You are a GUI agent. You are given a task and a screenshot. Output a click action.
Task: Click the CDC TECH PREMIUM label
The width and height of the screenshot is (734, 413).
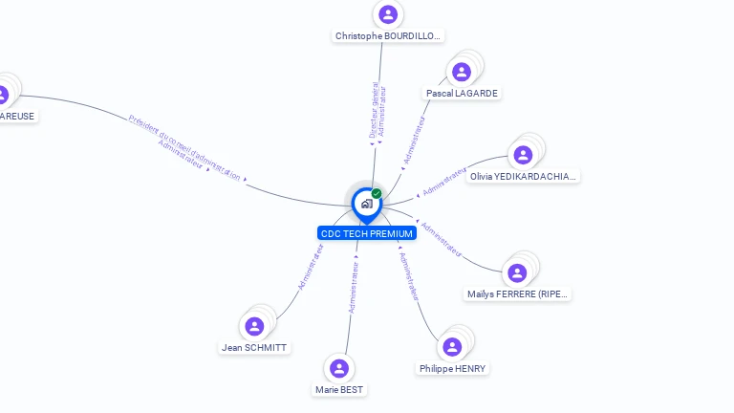tap(366, 233)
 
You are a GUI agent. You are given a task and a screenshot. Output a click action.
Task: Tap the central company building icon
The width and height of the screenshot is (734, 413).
tap(366, 204)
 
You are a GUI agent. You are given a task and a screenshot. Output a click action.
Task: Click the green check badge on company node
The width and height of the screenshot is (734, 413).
tap(377, 193)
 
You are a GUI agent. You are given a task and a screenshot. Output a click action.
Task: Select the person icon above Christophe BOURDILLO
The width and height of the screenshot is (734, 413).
tap(387, 14)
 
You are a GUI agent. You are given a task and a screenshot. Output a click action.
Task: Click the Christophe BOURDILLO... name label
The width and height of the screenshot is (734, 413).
tap(388, 36)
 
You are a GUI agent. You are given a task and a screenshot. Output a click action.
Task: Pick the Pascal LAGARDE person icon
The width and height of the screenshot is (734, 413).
tap(462, 72)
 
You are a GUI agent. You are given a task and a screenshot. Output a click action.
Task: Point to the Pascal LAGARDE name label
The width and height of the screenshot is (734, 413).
tap(462, 94)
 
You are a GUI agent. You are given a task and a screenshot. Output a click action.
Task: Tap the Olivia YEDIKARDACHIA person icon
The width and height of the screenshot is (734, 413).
tap(523, 155)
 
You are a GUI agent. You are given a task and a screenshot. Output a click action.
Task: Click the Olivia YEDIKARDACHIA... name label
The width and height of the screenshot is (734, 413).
tap(524, 177)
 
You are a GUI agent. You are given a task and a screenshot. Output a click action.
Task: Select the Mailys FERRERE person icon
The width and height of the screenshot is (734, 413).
tap(517, 273)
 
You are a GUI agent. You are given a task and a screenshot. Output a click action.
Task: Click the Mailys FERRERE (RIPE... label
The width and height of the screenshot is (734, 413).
tap(518, 294)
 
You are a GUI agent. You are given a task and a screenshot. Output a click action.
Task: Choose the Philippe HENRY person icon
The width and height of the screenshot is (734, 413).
tap(453, 347)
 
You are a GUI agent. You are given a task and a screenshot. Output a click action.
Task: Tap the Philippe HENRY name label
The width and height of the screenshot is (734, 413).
tap(452, 369)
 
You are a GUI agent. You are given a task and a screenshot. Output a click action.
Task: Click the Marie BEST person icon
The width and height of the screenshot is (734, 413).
tap(339, 368)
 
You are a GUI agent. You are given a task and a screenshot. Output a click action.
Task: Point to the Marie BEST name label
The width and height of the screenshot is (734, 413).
tap(339, 390)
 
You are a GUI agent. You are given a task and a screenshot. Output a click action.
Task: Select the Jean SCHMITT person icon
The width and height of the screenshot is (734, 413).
tap(254, 327)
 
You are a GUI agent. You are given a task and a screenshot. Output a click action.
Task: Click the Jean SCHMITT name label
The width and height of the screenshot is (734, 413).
tap(254, 348)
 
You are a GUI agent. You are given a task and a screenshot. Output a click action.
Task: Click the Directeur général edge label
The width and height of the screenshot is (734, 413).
tap(374, 110)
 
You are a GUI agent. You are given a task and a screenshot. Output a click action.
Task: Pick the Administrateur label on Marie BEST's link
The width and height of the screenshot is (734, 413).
tap(354, 288)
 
